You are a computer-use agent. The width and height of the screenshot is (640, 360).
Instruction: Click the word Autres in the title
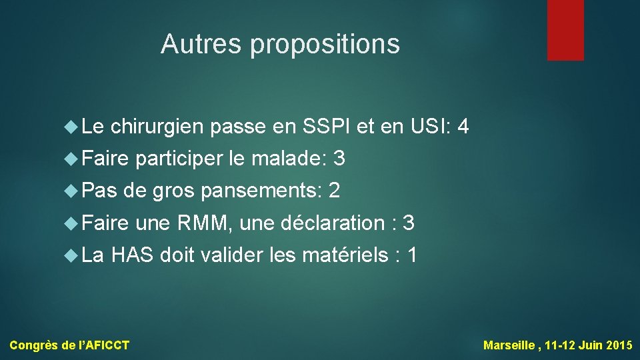click(x=201, y=44)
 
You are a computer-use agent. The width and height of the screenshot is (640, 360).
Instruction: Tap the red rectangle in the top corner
click(x=565, y=30)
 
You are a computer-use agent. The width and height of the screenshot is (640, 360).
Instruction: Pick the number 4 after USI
click(x=464, y=126)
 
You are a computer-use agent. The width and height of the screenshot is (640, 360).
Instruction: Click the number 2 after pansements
click(x=335, y=191)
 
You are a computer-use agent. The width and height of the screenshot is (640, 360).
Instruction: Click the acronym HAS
click(x=133, y=255)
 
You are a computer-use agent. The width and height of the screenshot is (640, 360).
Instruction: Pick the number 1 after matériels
click(x=412, y=255)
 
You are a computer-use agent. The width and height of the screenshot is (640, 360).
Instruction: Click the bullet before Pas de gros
click(x=71, y=191)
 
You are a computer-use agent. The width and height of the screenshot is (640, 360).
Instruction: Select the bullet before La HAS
click(x=71, y=255)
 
